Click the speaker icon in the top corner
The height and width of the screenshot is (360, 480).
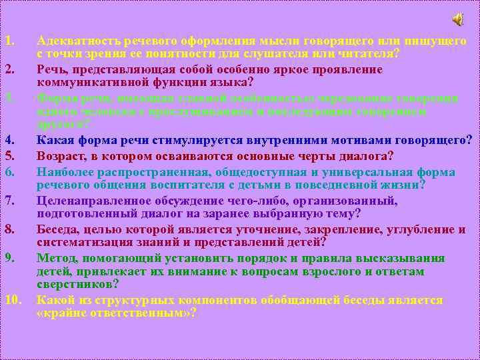pos(459,19)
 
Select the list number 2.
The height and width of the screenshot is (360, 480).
pos(9,70)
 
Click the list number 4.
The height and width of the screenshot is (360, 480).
pos(9,139)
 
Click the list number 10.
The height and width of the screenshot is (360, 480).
pos(13,299)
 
